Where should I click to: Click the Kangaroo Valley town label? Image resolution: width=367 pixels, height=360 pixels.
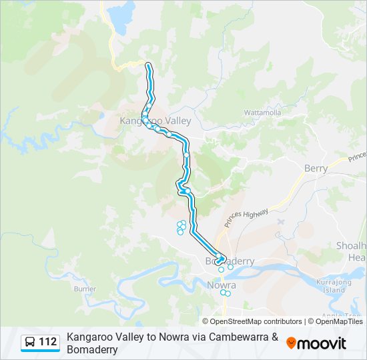(155, 121)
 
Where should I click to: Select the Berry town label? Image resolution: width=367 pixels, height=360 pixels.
(316, 169)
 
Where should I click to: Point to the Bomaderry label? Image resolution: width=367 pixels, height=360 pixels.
(230, 261)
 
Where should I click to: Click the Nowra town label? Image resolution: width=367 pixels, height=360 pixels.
(222, 285)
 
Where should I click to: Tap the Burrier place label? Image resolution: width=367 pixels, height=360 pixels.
(85, 289)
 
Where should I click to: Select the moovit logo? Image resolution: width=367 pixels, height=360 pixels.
(316, 343)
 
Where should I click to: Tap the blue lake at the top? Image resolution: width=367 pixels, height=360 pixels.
(121, 17)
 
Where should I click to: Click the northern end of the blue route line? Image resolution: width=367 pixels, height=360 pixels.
(147, 64)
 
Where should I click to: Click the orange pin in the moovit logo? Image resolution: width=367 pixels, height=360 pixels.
(291, 343)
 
